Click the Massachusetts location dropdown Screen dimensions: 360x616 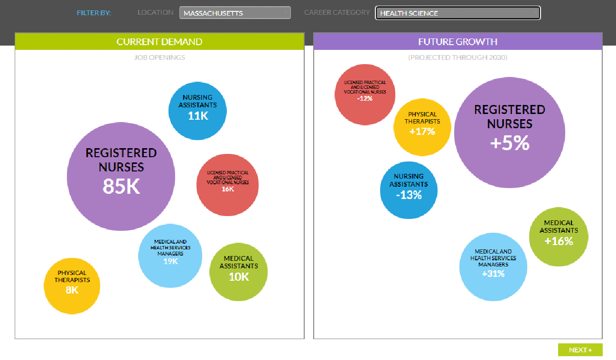coord(235,13)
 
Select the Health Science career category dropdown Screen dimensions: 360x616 coord(457,13)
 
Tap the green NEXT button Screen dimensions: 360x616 coord(580,350)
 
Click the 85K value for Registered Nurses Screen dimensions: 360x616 coord(121,187)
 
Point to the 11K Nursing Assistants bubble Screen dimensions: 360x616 coord(197,111)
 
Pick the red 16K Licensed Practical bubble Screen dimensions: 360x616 coord(228,185)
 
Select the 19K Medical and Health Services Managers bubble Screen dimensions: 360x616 coord(170,256)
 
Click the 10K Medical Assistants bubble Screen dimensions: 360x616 coord(238,272)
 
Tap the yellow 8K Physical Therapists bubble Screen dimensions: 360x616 coord(72,285)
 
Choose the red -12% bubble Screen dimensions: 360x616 coord(365,95)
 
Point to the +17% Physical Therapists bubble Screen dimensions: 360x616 coord(422,127)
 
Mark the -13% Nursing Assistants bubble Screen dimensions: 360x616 coord(409,190)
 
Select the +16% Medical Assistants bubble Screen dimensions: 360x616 coord(559,237)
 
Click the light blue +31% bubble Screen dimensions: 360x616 coord(493,267)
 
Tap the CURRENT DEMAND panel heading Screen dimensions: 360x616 coord(159,42)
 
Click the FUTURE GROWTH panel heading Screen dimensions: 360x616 coord(457,42)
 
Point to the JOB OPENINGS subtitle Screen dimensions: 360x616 coord(159,57)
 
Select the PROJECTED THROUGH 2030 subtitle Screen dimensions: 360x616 coord(457,57)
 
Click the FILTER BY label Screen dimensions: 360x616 coord(93,13)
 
